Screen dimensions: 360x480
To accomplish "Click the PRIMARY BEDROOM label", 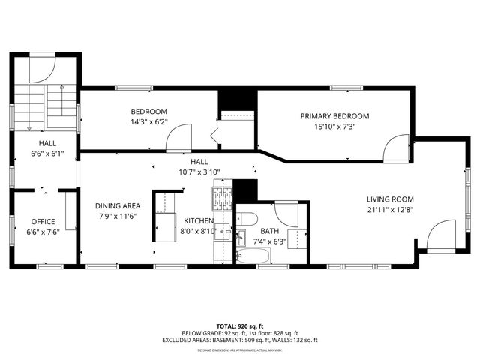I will tap(335, 116).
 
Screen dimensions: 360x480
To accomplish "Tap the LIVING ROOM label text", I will tap(390, 199).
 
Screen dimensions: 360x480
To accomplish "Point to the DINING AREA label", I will tap(118, 206).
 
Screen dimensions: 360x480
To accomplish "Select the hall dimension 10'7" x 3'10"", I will tap(199, 172).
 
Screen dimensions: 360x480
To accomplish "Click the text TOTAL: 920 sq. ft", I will tap(240, 326).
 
